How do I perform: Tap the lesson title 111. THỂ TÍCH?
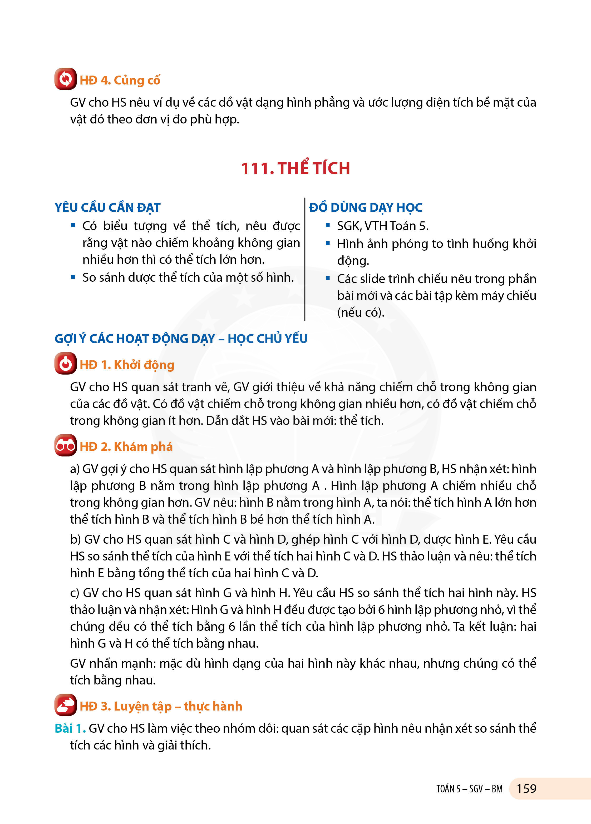point(295,168)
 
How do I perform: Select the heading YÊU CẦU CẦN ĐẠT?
point(108,207)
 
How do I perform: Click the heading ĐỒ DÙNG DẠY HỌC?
point(366,207)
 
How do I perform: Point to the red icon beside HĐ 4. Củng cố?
point(65,79)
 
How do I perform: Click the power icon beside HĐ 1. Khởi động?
point(65,363)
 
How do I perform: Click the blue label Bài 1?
point(70,728)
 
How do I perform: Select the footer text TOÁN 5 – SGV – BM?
point(469,789)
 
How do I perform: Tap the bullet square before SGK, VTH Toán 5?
point(328,226)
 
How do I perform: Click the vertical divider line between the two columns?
point(305,260)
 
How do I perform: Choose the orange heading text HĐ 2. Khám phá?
point(126,446)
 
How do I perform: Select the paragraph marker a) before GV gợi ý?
point(75,469)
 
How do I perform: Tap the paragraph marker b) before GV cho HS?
point(76,539)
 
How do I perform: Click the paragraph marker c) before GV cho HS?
point(75,593)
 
